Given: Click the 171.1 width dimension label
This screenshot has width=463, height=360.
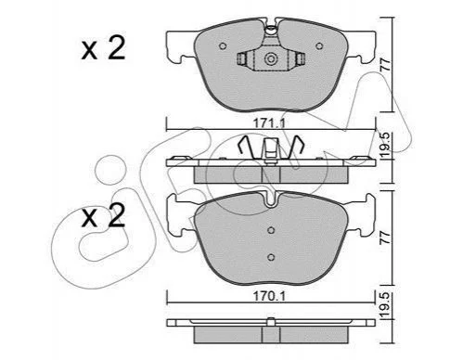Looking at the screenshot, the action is point(269,123).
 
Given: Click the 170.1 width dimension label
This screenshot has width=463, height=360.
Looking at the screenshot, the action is point(269,296).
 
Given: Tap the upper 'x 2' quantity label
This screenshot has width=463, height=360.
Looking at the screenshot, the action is point(103,48).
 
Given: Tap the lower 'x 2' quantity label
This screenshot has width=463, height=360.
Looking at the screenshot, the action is point(103,215).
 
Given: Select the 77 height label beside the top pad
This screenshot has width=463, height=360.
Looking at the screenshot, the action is point(386,65).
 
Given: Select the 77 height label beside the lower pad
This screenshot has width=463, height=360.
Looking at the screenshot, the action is point(386,238).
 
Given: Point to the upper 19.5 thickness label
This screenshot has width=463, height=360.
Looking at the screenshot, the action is point(386,147).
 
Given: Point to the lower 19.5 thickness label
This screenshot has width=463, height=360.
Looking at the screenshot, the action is point(386,304).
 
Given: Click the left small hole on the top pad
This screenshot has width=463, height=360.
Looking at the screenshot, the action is point(223,46).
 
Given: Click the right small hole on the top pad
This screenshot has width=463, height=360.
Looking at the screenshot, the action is point(319,46).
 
